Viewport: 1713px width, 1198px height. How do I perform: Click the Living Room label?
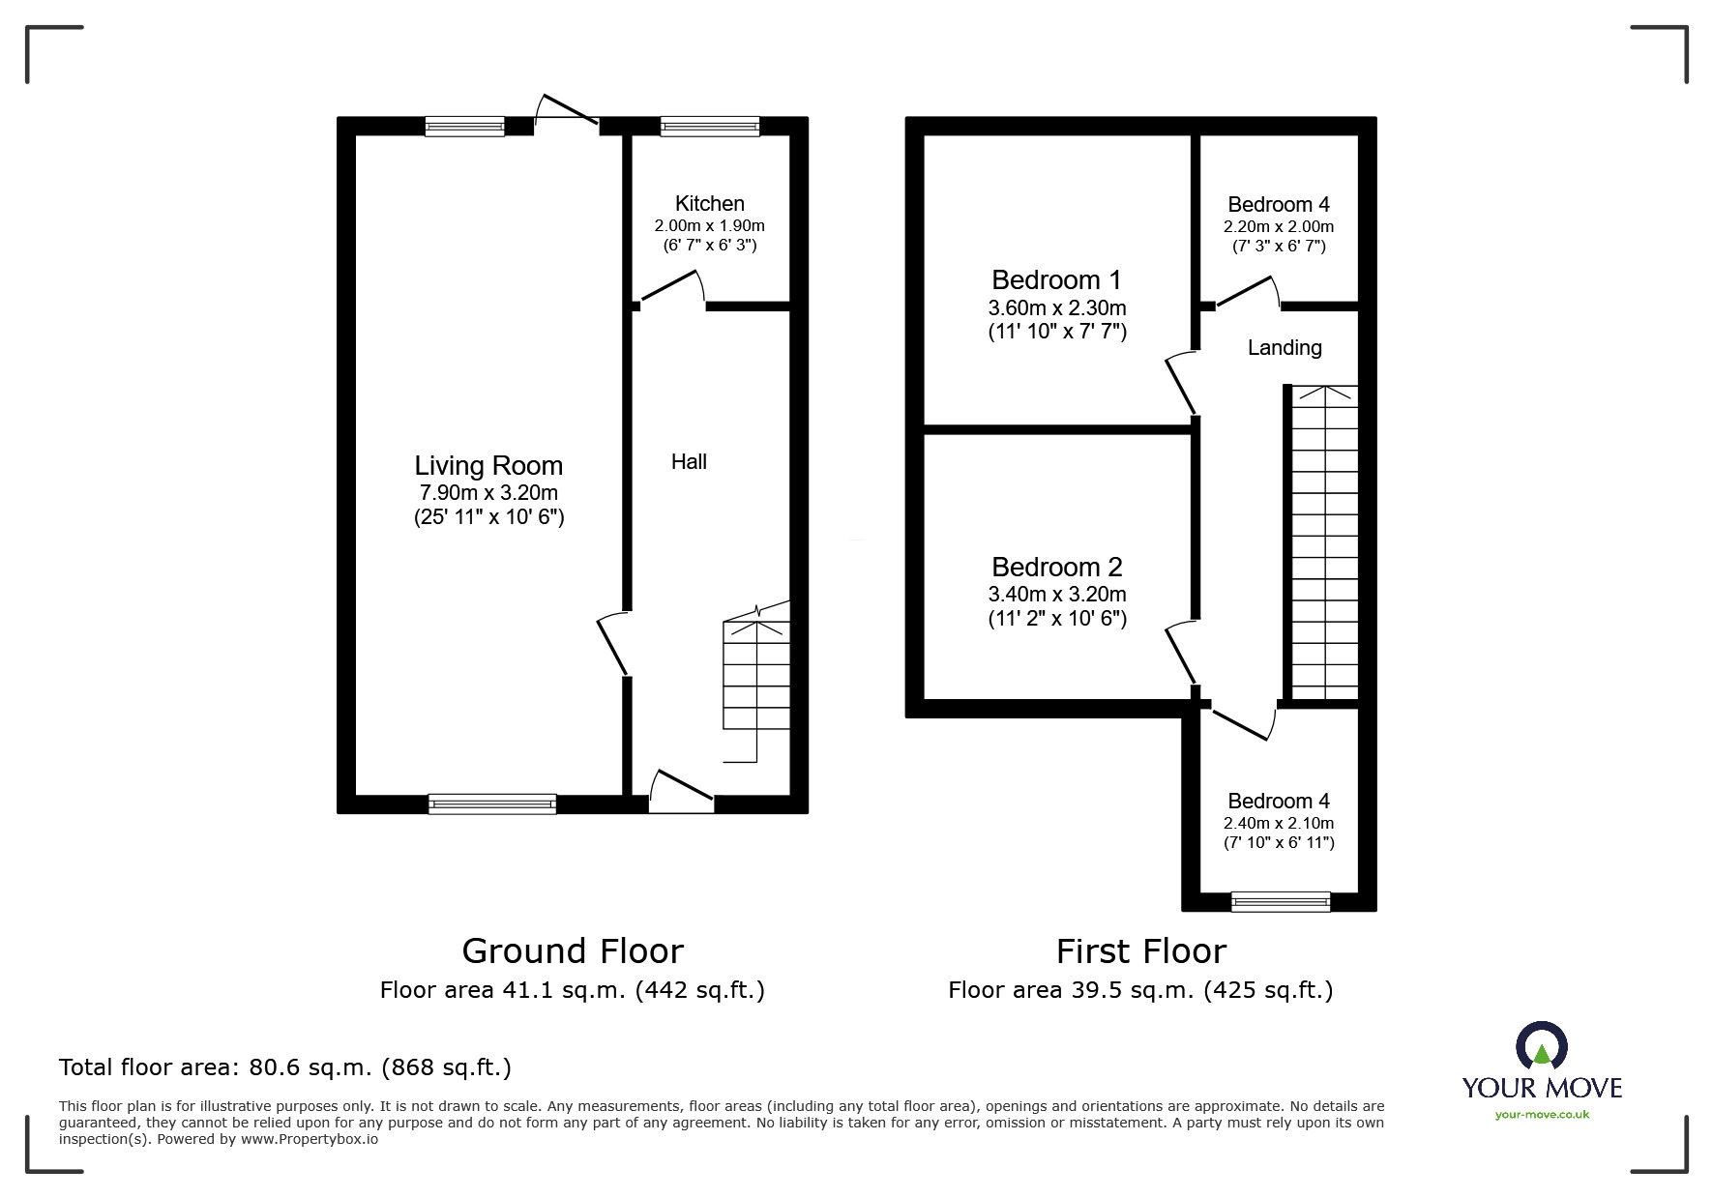point(488,466)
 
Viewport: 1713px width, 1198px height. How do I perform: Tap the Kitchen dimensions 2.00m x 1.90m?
point(709,225)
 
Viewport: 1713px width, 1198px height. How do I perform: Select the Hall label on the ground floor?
point(689,462)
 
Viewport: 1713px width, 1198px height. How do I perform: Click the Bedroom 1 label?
point(1056,280)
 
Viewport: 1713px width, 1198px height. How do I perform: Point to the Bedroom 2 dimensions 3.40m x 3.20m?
point(1056,594)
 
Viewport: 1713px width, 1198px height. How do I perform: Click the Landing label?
point(1284,348)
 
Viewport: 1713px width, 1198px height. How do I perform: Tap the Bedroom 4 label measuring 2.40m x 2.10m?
point(1278,801)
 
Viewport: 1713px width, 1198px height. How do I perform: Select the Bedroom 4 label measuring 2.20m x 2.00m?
point(1278,204)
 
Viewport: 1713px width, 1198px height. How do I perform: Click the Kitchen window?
point(710,126)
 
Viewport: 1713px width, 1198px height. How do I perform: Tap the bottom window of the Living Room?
point(492,804)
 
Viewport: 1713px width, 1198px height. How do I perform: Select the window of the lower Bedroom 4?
point(1280,901)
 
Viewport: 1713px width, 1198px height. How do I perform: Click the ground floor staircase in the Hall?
point(756,682)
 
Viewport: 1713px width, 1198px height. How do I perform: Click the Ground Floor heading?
point(573,951)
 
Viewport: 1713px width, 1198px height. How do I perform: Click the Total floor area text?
point(285,1067)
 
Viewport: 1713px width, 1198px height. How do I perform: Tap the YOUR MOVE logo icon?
point(1541,1047)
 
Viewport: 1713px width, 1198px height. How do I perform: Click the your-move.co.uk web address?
point(1542,1115)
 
